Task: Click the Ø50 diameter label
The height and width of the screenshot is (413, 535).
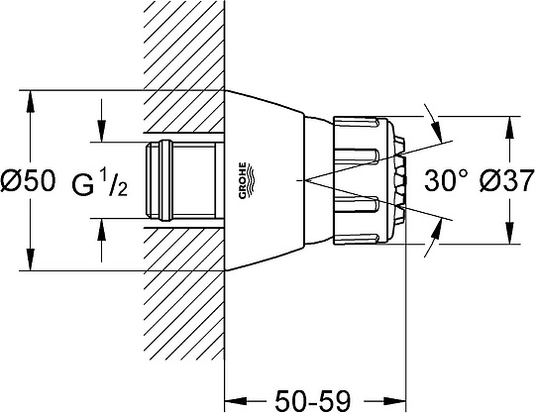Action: (x=28, y=181)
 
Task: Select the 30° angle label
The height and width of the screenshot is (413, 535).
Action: (x=446, y=181)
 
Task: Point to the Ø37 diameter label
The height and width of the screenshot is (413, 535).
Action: (x=506, y=181)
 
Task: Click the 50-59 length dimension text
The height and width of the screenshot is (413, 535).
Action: (x=313, y=401)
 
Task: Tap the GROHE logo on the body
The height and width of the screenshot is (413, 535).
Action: (x=246, y=180)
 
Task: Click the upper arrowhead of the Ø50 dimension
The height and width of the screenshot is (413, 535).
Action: (x=31, y=101)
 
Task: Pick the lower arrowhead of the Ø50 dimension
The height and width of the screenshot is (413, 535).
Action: (x=31, y=259)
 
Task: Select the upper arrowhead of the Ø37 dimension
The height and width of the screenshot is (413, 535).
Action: (x=510, y=128)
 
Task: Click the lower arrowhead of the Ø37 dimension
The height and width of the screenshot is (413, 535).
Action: (x=510, y=234)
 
